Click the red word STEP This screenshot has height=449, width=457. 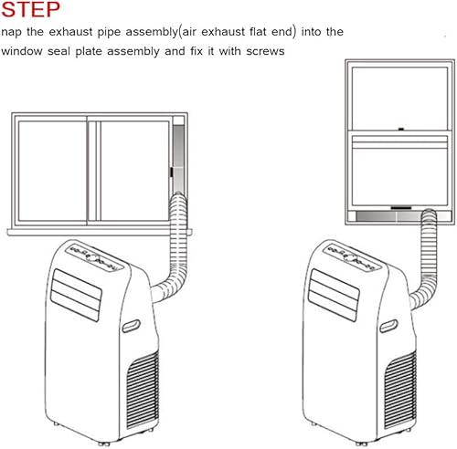(x=30, y=9)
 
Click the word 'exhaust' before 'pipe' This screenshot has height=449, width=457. (x=70, y=32)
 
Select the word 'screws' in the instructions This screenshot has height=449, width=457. (x=265, y=51)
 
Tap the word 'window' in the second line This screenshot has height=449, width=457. (x=22, y=51)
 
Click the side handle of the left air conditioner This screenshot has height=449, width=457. (x=132, y=326)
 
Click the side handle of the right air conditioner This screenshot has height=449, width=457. (x=388, y=326)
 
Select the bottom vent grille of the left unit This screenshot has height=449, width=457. (x=143, y=391)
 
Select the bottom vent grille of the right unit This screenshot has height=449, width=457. (x=400, y=391)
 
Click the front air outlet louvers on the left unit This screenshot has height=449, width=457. (x=76, y=295)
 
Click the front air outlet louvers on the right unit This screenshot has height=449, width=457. (x=334, y=295)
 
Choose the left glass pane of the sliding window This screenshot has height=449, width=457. (x=52, y=171)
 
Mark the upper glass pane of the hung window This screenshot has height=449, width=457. (x=399, y=99)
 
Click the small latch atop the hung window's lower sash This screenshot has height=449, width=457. (x=401, y=130)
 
